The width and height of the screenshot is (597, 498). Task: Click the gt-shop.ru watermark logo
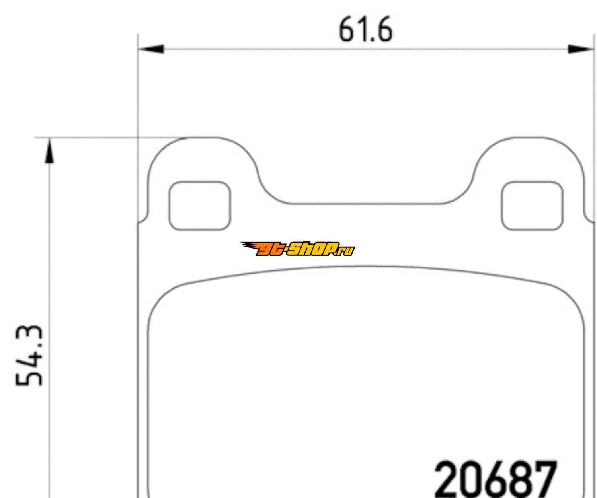[x=298, y=249]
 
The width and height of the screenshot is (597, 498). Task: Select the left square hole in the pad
[x=199, y=206]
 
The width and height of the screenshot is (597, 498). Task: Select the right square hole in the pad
[x=532, y=206]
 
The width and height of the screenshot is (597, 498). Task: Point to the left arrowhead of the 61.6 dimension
[x=151, y=49]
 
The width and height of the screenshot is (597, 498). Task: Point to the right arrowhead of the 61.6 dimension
[x=581, y=49]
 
